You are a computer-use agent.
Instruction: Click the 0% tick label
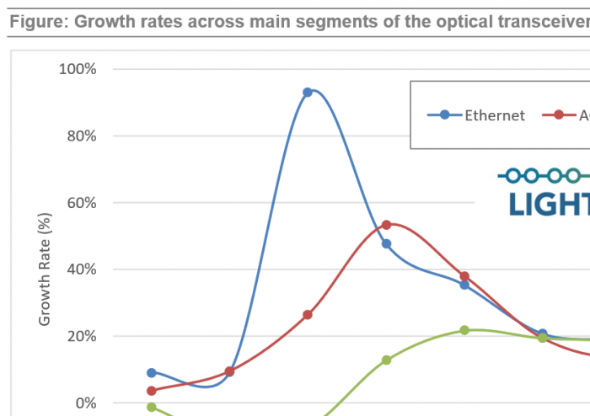click(x=85, y=403)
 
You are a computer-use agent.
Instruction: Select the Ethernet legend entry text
click(x=495, y=115)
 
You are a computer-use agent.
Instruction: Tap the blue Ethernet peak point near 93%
click(x=308, y=92)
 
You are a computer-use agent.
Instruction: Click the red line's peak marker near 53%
click(x=386, y=225)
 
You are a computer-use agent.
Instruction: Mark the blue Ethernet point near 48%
click(x=386, y=244)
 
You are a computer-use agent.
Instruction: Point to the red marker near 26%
click(x=308, y=315)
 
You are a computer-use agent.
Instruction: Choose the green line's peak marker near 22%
click(x=464, y=330)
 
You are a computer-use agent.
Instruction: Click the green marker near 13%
click(x=386, y=360)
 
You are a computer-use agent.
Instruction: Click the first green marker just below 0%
click(x=152, y=407)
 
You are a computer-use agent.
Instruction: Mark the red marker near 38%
click(x=464, y=276)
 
